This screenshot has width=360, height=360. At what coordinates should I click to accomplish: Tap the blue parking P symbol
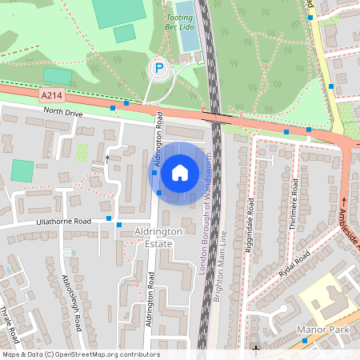pos(159,70)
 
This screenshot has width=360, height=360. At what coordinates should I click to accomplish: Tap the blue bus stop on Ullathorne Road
pos(119,226)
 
